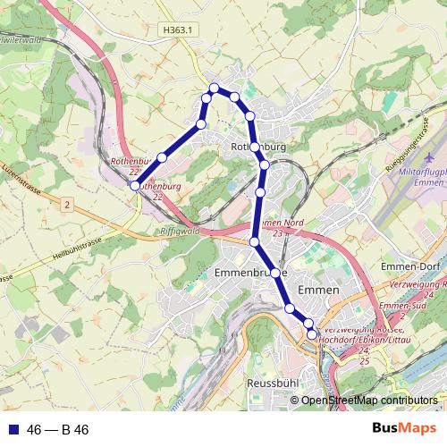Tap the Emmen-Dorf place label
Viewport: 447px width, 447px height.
[412, 266]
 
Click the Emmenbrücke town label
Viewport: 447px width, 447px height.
[251, 271]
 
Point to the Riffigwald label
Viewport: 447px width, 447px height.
[178, 231]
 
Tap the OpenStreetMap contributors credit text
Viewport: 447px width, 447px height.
[368, 401]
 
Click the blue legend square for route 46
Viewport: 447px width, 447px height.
[13, 430]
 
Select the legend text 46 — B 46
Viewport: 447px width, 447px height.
[58, 430]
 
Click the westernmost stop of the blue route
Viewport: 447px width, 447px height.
[134, 186]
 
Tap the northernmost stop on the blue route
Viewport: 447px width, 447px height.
[214, 88]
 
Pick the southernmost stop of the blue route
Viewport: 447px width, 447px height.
[312, 334]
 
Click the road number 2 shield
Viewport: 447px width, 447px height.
[66, 205]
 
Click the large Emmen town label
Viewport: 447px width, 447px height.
[318, 291]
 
